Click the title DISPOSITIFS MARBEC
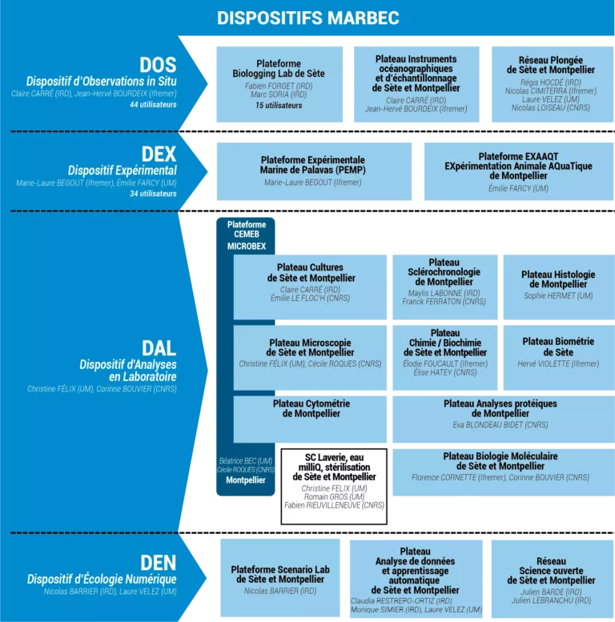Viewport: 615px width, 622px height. [x=307, y=18]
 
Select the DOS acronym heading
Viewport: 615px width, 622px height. [x=158, y=65]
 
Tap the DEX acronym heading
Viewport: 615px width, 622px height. [x=158, y=154]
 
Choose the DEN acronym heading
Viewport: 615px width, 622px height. [x=158, y=562]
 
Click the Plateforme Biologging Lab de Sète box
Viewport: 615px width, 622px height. [x=279, y=84]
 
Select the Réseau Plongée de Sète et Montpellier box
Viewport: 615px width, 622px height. [x=550, y=84]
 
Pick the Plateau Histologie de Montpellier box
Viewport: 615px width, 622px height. [x=558, y=287]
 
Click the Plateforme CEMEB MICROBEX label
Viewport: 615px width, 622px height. [x=246, y=235]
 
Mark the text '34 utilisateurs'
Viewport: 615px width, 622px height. [x=153, y=194]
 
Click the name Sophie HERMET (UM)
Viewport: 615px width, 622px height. [x=558, y=296]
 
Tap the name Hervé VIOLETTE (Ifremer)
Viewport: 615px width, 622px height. [x=558, y=364]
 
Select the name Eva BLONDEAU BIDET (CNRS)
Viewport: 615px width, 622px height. [x=501, y=425]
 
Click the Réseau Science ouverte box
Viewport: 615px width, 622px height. [x=551, y=579]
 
